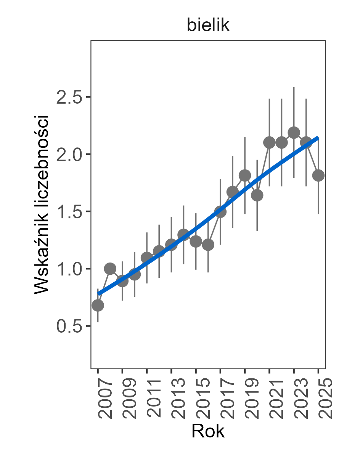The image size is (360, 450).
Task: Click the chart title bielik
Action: (208, 26)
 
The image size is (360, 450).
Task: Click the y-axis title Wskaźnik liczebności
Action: (42, 204)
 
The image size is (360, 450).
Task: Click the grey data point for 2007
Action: (98, 305)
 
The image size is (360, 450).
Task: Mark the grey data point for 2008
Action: (110, 269)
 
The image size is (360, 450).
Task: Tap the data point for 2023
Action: (294, 133)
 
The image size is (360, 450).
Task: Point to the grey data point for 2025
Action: (318, 175)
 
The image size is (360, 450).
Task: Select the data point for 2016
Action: (208, 244)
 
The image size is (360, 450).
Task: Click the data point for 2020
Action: (257, 195)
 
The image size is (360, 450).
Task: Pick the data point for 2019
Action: (245, 175)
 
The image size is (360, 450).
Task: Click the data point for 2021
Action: (269, 143)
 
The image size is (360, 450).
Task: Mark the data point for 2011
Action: (147, 258)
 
